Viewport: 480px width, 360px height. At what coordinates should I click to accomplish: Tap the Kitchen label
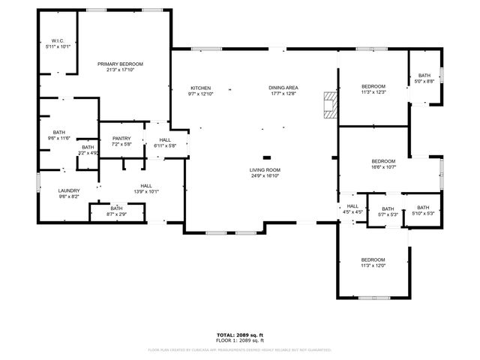[x=200, y=91]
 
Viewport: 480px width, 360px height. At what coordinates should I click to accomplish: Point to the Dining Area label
[x=283, y=91]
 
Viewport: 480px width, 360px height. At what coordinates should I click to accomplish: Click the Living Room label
[x=265, y=173]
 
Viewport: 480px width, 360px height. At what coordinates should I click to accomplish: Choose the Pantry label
[x=121, y=141]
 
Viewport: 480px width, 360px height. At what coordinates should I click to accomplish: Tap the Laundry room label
[x=69, y=193]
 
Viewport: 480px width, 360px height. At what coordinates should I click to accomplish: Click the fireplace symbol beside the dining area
[x=327, y=105]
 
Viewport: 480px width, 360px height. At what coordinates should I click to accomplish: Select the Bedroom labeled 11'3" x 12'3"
[x=373, y=89]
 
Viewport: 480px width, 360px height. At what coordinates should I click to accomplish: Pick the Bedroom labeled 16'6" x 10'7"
[x=383, y=164]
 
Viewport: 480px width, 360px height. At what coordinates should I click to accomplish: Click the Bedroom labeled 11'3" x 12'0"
[x=373, y=262]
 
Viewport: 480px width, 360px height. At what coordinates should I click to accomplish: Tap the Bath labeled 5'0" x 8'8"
[x=424, y=78]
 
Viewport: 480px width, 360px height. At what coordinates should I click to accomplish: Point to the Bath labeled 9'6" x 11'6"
[x=58, y=135]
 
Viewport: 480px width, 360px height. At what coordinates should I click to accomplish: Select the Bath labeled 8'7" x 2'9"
[x=116, y=211]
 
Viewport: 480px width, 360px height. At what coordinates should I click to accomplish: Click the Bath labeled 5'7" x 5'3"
[x=388, y=211]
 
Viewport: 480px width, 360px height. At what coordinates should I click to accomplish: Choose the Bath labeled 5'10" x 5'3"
[x=423, y=211]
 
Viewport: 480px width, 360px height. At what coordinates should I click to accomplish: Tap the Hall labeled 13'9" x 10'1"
[x=145, y=188]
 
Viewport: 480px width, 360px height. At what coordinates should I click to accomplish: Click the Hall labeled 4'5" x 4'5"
[x=352, y=209]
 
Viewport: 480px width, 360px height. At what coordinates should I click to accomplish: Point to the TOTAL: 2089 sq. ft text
[x=240, y=334]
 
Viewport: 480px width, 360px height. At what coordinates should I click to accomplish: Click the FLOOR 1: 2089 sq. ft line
[x=240, y=340]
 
